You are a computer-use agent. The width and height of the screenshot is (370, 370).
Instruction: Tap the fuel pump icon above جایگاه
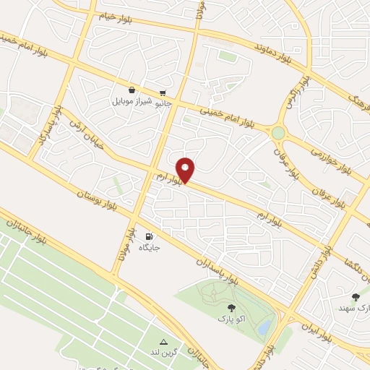[149, 236]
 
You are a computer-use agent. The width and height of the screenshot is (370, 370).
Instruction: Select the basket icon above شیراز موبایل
[132, 90]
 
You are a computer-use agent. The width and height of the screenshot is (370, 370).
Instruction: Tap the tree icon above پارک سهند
[355, 297]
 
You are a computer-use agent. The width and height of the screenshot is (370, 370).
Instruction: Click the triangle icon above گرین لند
[163, 342]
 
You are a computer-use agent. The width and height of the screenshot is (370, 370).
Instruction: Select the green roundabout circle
[278, 133]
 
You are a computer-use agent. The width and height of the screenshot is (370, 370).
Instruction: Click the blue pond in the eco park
[264, 327]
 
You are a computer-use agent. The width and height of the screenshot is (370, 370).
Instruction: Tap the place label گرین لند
[164, 353]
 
